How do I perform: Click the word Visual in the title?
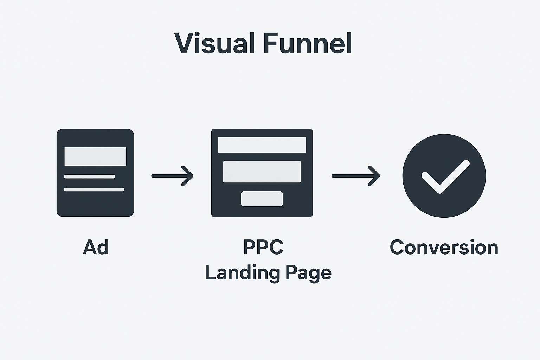(214, 43)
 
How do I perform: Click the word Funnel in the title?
(307, 43)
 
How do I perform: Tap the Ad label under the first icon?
(96, 247)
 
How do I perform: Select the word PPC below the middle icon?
(263, 247)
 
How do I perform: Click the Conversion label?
(444, 247)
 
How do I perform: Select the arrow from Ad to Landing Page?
(172, 176)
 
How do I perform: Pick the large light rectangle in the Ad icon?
(95, 156)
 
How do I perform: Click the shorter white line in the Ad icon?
(89, 176)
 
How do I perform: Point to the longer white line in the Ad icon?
(94, 189)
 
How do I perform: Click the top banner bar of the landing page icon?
(262, 145)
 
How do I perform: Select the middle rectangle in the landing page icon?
(262, 172)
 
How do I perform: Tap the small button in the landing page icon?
(262, 199)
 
